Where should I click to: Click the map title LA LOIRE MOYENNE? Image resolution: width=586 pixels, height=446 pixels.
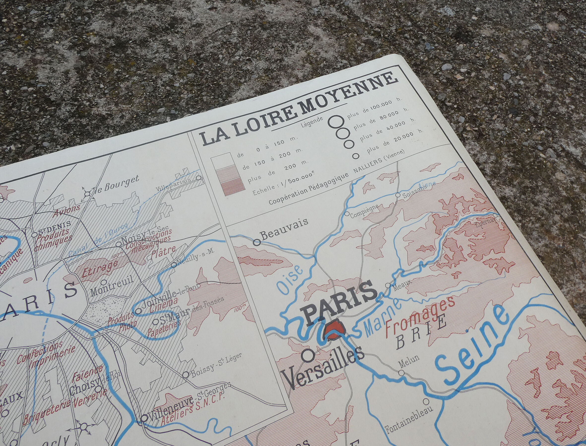pyautogui.click(x=299, y=110)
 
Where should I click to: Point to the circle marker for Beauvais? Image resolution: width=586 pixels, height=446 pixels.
pyautogui.click(x=257, y=242)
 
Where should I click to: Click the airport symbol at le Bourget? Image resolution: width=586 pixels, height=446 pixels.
pyautogui.click(x=87, y=194)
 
